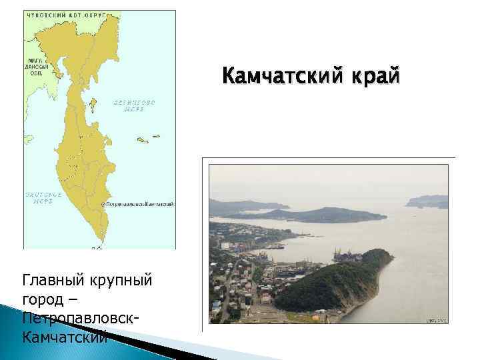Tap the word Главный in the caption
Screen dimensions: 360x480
click(x=49, y=279)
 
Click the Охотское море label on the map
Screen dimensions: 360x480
click(x=43, y=198)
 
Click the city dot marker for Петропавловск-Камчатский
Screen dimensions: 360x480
click(x=102, y=204)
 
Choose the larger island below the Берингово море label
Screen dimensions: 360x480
click(x=142, y=140)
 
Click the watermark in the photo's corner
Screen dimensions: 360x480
click(x=436, y=321)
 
